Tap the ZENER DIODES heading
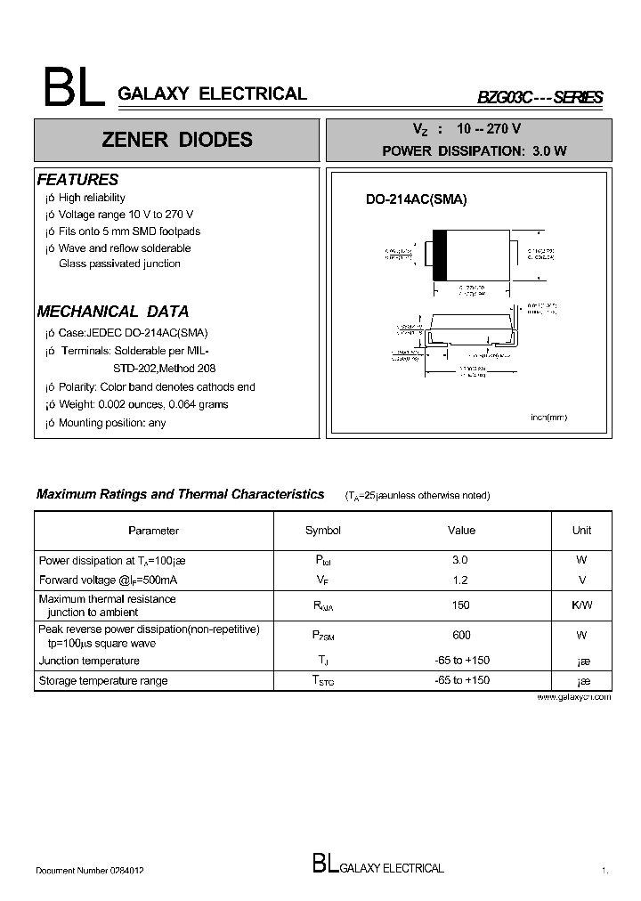pos(176,140)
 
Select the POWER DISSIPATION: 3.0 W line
pos(474,150)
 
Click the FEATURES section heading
pos(77,180)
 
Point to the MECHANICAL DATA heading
pos(112,312)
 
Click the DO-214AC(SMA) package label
pos(416,200)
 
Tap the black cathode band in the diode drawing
pos(439,256)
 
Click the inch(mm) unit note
pos(548,418)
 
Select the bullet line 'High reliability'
pos(91,198)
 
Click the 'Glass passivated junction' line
pos(119,264)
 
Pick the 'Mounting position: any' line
pos(111,423)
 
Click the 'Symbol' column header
pos(322,531)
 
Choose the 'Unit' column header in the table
pos(581,531)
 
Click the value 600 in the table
pos(461,636)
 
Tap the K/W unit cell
pos(581,605)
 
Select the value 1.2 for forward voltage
pos(460,580)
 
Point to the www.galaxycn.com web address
pos(574,697)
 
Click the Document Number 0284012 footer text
pos(90,871)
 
